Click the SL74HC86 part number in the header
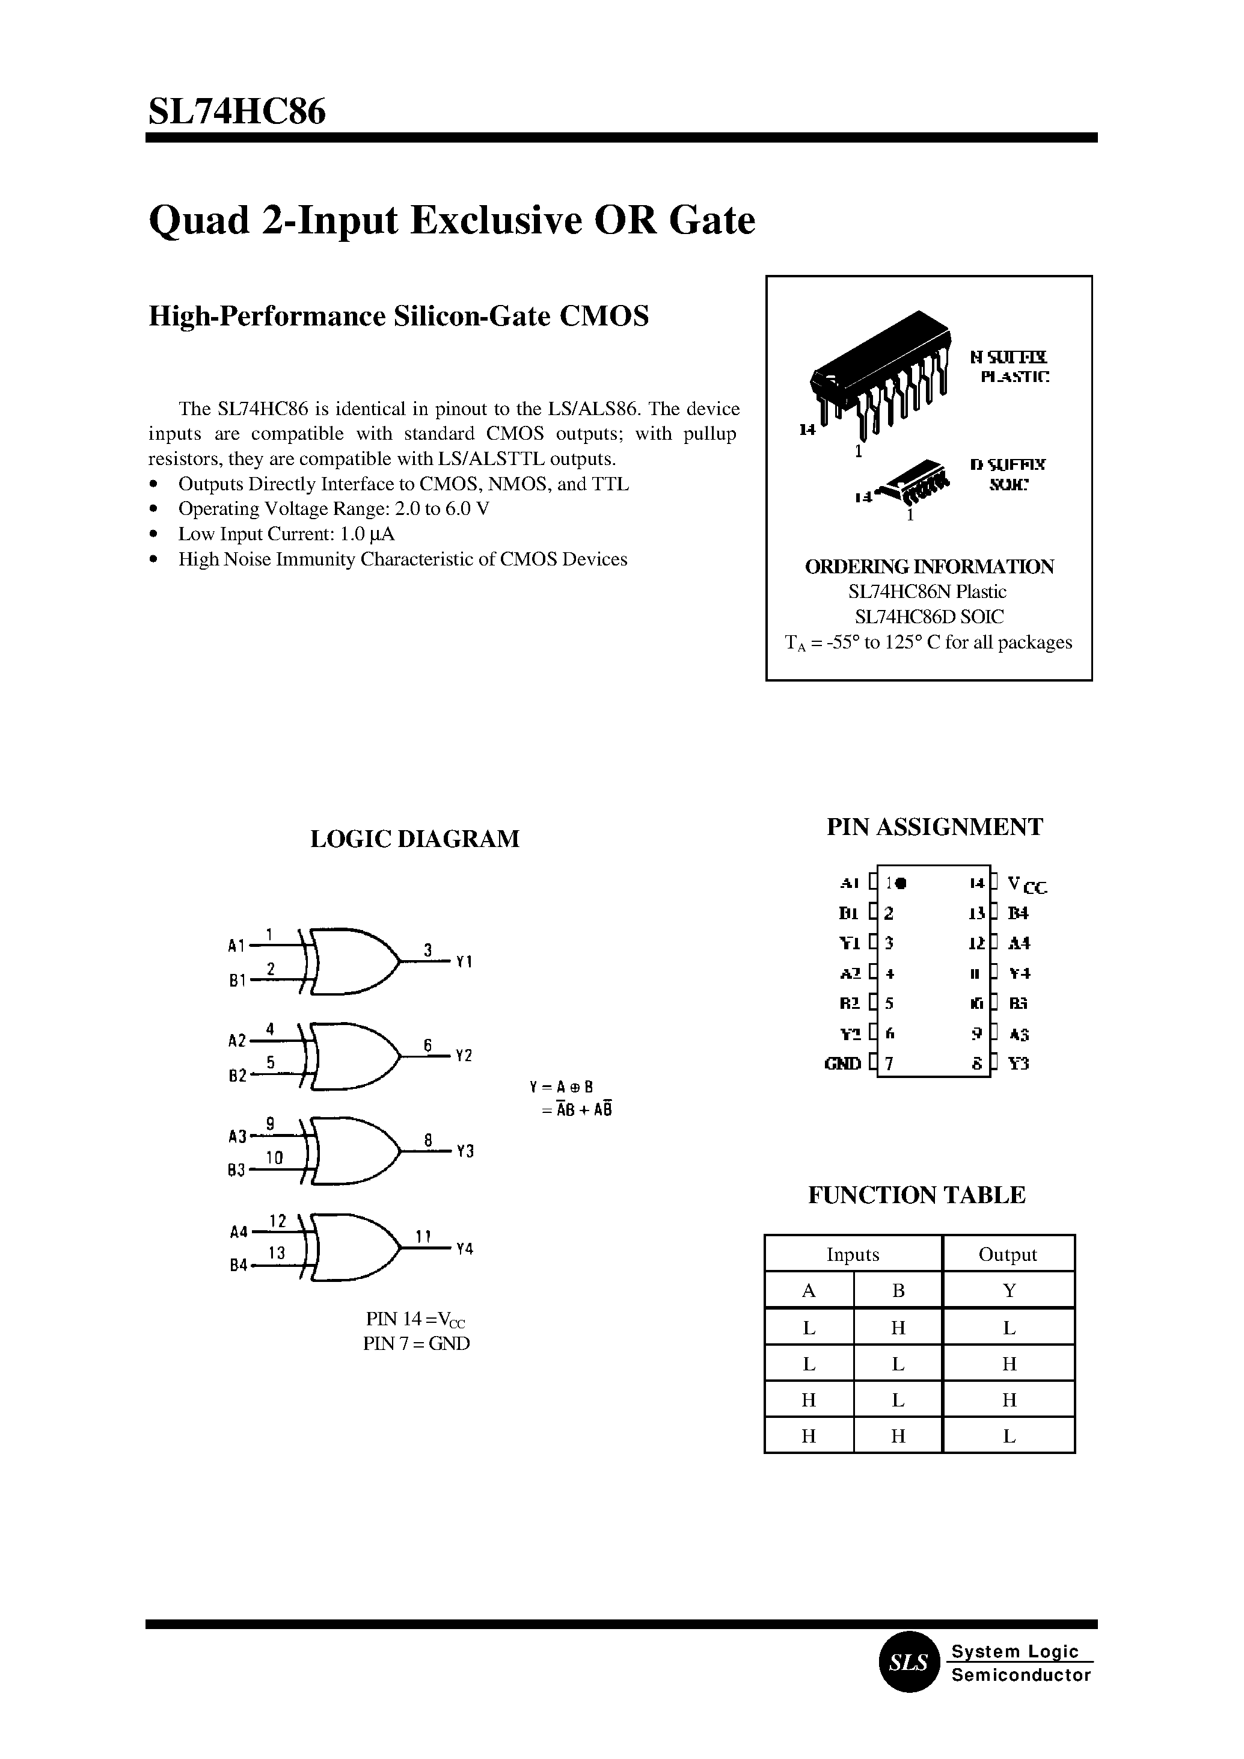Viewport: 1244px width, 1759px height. [x=237, y=112]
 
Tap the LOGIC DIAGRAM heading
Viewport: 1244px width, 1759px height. [x=414, y=839]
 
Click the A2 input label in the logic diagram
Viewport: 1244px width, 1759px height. [x=237, y=1041]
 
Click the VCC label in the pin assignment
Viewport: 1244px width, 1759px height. [x=1026, y=886]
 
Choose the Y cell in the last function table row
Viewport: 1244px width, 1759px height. [x=1009, y=1437]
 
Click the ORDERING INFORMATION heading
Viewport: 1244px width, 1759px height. [x=929, y=567]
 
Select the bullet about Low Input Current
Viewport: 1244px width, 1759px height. [x=286, y=534]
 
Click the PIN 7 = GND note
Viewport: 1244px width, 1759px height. [x=416, y=1343]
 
